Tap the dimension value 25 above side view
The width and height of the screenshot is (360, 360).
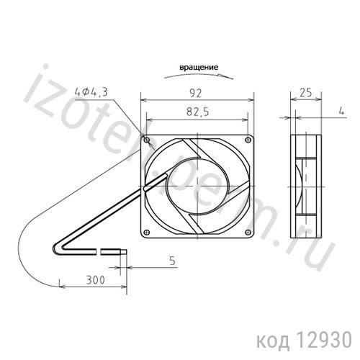click(x=305, y=92)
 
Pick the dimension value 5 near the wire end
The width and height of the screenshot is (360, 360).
click(x=172, y=261)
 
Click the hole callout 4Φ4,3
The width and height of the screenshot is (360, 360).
click(x=91, y=91)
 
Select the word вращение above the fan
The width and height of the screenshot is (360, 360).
click(x=199, y=68)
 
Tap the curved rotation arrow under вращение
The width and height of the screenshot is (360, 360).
click(x=199, y=73)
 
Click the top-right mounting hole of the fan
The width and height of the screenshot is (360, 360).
click(x=248, y=139)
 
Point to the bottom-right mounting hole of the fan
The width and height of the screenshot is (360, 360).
click(x=248, y=232)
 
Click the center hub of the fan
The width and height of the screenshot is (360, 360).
click(x=197, y=186)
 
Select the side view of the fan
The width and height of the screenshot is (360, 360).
click(x=305, y=186)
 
